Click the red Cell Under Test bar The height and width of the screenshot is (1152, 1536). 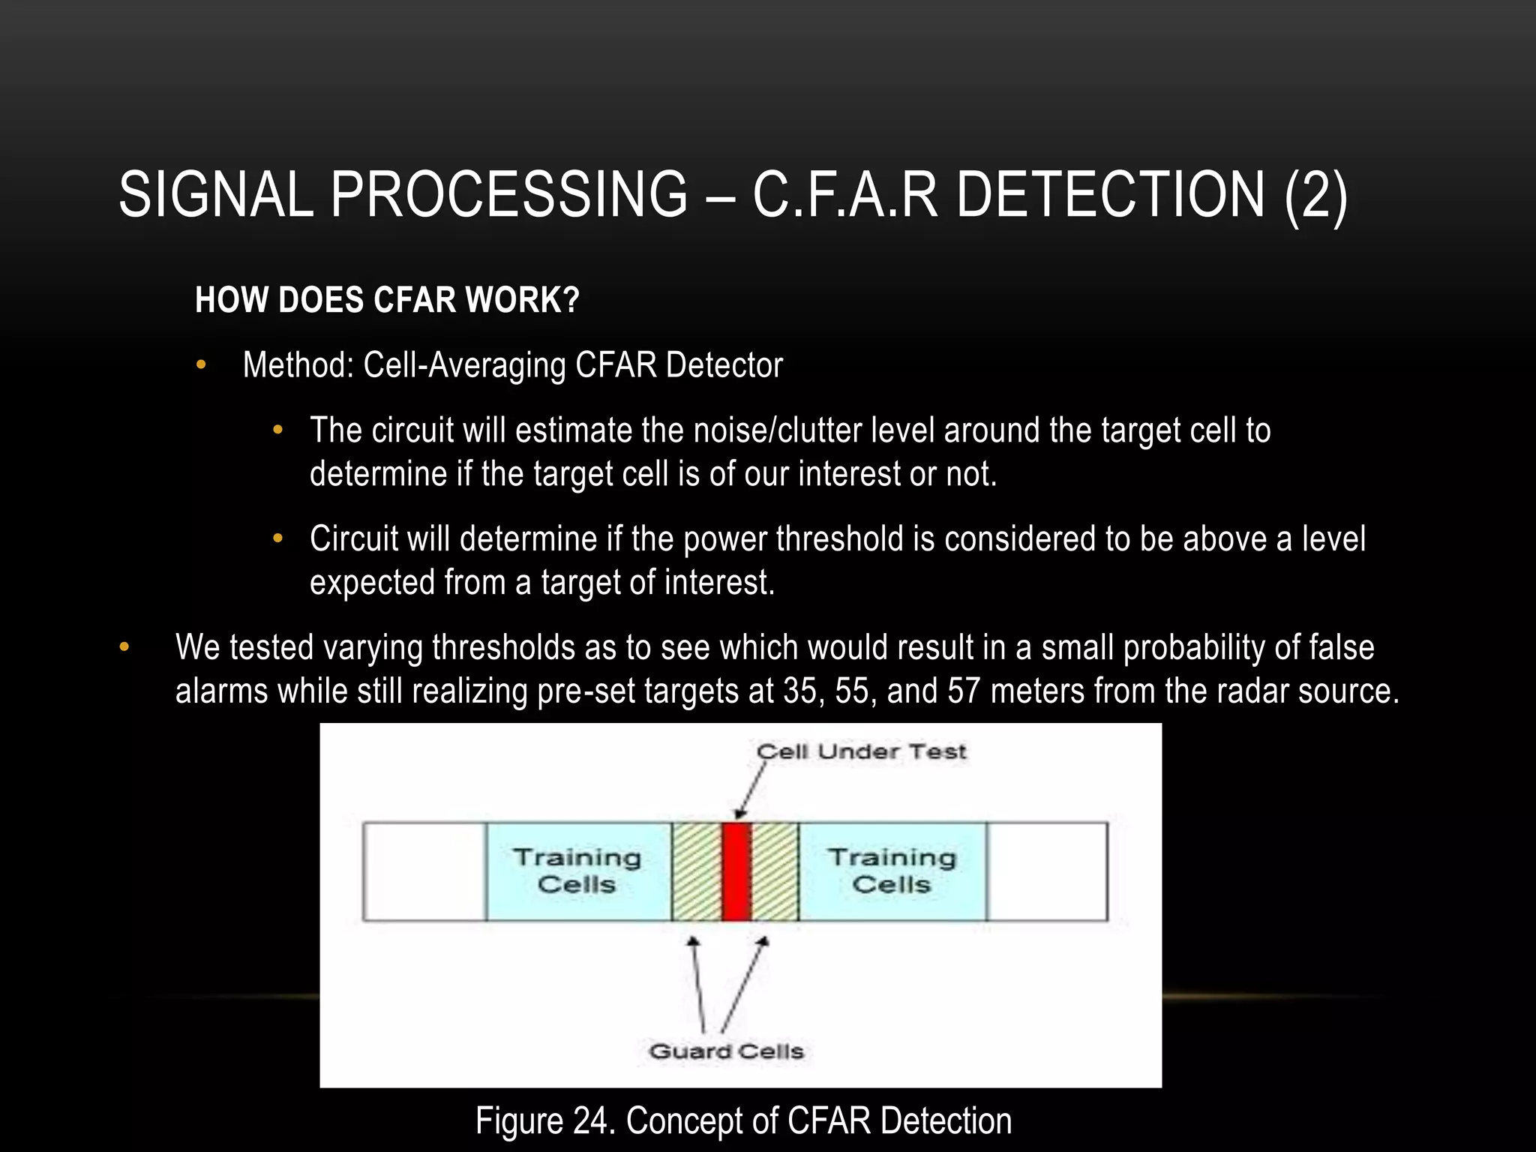click(x=736, y=871)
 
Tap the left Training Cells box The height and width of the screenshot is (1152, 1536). click(x=577, y=871)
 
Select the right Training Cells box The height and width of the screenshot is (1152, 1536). click(x=892, y=871)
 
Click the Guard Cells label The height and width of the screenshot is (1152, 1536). click(x=726, y=1051)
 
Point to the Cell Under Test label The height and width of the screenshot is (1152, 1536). click(x=861, y=751)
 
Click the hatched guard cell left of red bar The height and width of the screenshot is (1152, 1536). click(x=697, y=871)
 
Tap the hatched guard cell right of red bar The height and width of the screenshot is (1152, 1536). click(x=775, y=871)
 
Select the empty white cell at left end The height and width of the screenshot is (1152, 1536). click(x=424, y=871)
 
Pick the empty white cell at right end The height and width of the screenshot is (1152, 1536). click(x=1047, y=871)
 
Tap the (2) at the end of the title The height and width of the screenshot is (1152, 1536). click(x=1315, y=195)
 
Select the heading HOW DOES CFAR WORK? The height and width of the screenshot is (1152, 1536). click(x=387, y=300)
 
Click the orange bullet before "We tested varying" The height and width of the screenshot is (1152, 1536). click(x=124, y=647)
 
